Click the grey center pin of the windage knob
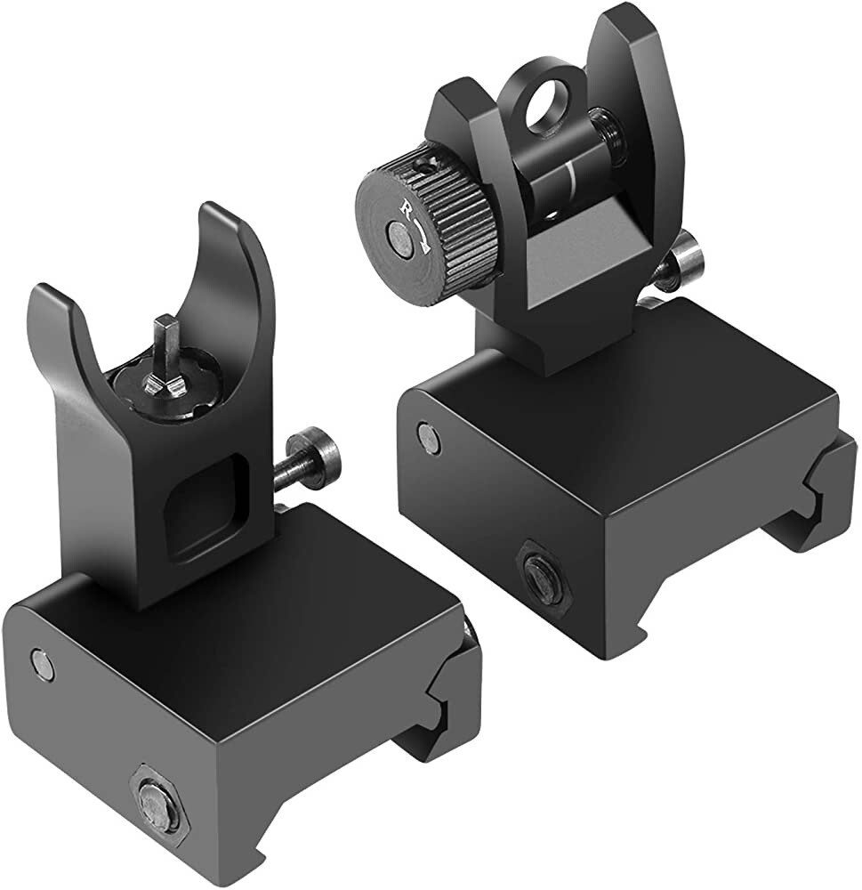pyautogui.click(x=397, y=238)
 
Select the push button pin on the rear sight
pyautogui.click(x=685, y=258)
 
